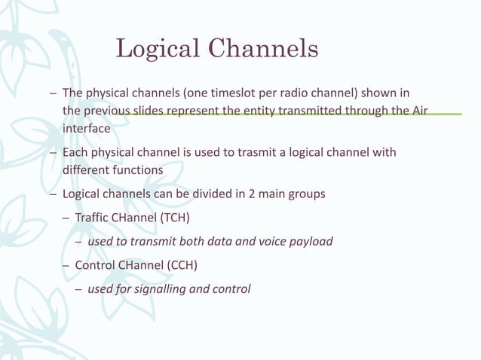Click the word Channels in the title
click(262, 50)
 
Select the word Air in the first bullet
click(420, 111)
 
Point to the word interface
click(86, 129)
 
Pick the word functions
click(138, 170)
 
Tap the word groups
click(308, 194)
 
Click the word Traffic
click(93, 218)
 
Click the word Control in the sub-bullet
click(94, 265)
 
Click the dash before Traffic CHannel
click(66, 218)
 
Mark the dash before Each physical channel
click(52, 153)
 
